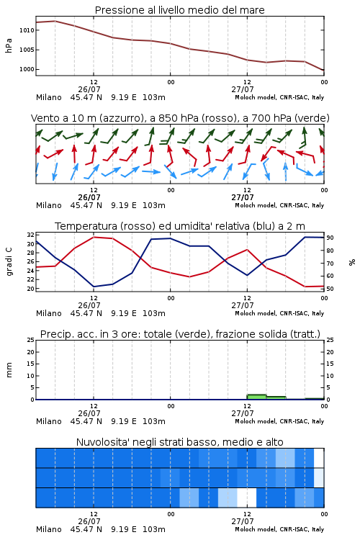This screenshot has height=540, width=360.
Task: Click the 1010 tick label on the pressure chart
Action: tap(27, 30)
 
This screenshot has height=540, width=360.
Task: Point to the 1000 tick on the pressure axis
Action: tap(27, 69)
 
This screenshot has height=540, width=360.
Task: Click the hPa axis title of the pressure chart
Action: tap(9, 45)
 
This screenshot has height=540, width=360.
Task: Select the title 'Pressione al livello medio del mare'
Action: tap(180, 10)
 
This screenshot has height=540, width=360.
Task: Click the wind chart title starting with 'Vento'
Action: tap(180, 118)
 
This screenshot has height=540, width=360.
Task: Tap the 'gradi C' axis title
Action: tap(9, 261)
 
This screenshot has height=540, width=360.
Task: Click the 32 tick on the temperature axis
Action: tap(31, 235)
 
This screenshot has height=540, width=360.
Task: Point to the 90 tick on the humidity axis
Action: tap(330, 238)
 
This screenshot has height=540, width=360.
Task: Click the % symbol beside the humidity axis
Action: tap(352, 262)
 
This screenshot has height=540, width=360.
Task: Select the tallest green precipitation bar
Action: tap(256, 397)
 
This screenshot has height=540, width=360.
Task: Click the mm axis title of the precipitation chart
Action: tap(9, 370)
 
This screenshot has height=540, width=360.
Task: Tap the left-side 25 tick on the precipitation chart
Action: tap(31, 340)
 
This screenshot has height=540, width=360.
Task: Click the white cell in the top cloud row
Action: tap(319, 458)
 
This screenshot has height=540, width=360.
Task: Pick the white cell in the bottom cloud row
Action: tap(247, 498)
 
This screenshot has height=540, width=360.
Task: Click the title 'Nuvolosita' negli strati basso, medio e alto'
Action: tap(180, 442)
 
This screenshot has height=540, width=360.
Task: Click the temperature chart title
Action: tap(180, 226)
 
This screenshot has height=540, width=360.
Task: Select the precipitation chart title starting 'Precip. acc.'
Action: tap(180, 334)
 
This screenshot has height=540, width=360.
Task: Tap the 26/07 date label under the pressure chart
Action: tap(89, 89)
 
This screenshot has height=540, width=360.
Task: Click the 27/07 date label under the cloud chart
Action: tap(243, 521)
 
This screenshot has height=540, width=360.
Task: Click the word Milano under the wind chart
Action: tap(49, 205)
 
